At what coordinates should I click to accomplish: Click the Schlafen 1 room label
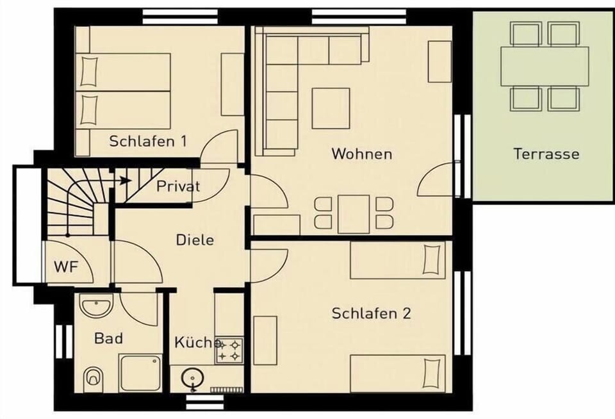point(148,141)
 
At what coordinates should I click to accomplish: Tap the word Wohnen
point(361,154)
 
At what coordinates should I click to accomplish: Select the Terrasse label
point(546,154)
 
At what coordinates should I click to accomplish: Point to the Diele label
point(195,240)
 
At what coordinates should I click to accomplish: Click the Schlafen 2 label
point(371,313)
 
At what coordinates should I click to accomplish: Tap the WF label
point(66,267)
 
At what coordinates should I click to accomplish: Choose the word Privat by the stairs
point(178,186)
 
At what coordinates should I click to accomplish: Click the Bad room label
point(109,338)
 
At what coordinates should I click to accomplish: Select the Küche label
point(197,342)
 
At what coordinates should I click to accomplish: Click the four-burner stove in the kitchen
point(229,350)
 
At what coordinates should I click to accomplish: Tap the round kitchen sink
point(192,378)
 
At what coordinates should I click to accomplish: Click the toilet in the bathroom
point(94,379)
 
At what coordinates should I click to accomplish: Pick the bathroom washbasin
point(96,305)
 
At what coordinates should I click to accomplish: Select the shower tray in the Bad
point(141,372)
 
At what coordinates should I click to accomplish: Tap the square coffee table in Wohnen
point(331,108)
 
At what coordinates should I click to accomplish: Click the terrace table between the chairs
point(545,66)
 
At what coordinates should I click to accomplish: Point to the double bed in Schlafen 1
point(122,91)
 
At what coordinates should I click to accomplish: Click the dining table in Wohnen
point(354,214)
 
